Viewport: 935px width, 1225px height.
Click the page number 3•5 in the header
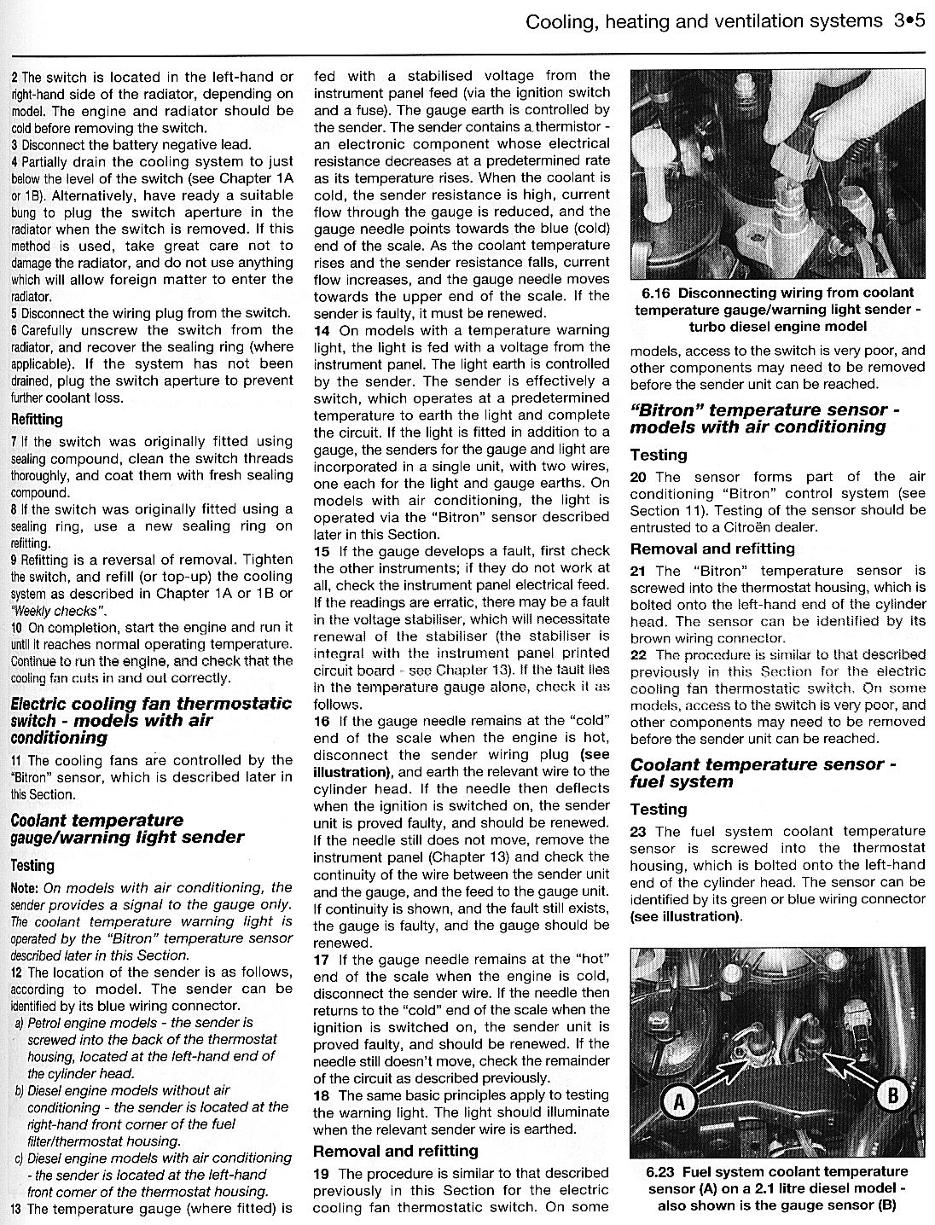909,20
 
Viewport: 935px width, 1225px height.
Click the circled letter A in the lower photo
679,1104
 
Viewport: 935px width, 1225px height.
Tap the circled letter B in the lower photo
892,1094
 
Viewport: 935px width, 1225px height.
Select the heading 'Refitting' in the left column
37,420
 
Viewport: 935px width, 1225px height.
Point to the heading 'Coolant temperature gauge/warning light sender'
127,828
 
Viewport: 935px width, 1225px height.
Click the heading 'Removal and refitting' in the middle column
395,1151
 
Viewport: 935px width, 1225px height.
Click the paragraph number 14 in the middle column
322,330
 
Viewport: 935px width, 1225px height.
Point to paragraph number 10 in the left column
16,627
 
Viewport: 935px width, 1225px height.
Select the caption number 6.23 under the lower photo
663,1172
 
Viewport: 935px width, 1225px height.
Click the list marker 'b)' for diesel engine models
18,1090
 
